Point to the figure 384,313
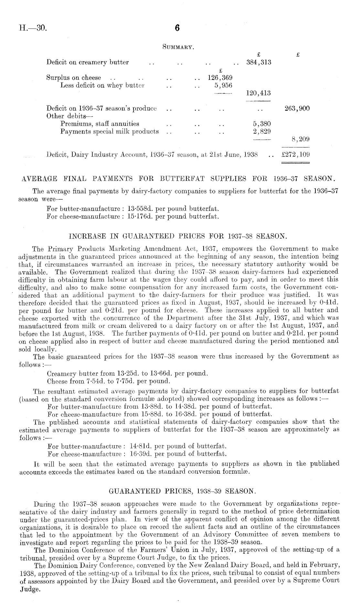pos(259,62)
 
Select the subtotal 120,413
pos(259,93)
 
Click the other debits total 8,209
pos(301,139)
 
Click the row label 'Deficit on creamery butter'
pos(88,62)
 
